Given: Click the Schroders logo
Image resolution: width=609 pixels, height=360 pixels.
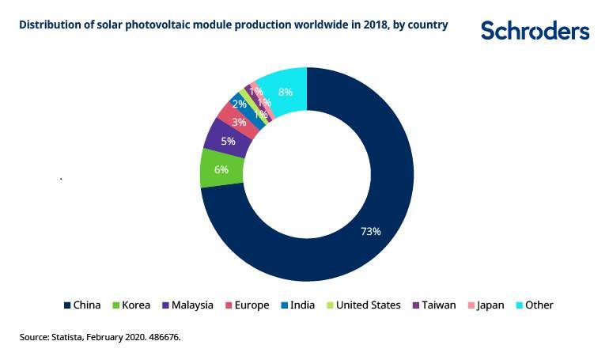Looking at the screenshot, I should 535,30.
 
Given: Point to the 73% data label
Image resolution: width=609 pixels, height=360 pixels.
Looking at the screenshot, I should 371,231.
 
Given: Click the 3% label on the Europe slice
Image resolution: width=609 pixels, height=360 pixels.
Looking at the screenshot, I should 239,122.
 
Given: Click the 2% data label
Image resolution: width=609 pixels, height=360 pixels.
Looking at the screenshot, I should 239,104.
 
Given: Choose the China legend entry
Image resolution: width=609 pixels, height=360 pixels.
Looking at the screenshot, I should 81,305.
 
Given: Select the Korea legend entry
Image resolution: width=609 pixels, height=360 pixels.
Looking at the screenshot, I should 130,305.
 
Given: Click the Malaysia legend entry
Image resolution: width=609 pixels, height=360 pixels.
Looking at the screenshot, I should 187,305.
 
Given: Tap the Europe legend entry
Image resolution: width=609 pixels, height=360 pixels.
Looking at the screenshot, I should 247,305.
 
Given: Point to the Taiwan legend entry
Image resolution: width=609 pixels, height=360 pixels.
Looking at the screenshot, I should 433,305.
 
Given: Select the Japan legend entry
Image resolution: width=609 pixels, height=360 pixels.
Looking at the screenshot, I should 485,305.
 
